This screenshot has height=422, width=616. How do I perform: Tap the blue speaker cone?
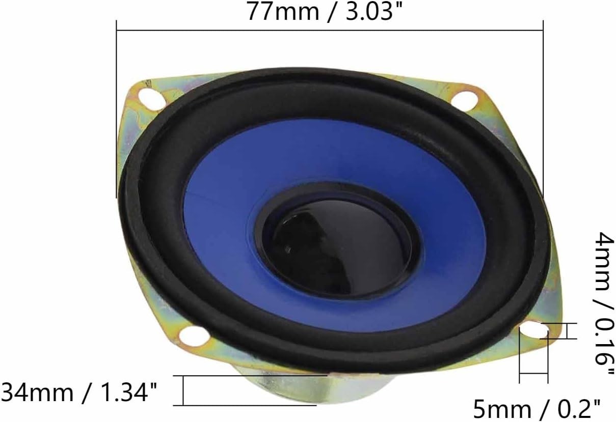pyautogui.click(x=334, y=226)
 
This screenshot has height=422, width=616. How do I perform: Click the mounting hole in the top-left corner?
pyautogui.click(x=151, y=98)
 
